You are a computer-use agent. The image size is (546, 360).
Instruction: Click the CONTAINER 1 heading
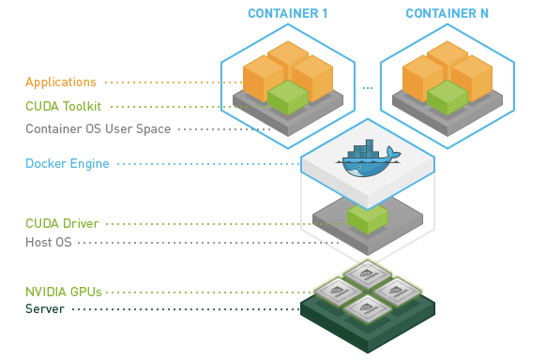tap(288, 13)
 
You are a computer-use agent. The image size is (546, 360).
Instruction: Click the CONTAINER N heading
tap(447, 13)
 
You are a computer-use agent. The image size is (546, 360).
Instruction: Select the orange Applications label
tap(61, 82)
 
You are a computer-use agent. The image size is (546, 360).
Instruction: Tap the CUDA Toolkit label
tap(64, 106)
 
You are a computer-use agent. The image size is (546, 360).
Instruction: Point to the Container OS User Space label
tap(99, 129)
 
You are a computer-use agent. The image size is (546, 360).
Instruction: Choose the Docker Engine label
tap(68, 164)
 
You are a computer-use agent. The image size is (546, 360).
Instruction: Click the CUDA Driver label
tap(62, 223)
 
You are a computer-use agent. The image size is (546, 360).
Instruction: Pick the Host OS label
tap(49, 242)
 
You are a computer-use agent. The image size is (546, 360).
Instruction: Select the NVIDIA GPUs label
tap(64, 292)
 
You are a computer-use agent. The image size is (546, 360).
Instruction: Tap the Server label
tap(45, 308)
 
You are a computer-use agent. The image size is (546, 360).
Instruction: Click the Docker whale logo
tap(368, 158)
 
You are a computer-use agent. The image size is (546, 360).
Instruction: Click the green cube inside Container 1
tap(288, 97)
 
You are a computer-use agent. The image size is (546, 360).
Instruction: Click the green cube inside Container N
tap(447, 97)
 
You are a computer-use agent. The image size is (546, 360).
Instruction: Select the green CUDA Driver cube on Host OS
tap(368, 219)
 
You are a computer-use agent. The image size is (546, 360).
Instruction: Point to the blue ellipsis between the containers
tap(368, 88)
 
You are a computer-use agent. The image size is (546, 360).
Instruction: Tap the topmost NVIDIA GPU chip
tap(368, 275)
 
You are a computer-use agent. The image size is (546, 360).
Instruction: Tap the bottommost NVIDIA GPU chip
tap(368, 308)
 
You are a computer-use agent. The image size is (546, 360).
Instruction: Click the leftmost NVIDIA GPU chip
tap(338, 292)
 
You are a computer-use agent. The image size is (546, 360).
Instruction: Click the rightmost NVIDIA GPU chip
tap(397, 292)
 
